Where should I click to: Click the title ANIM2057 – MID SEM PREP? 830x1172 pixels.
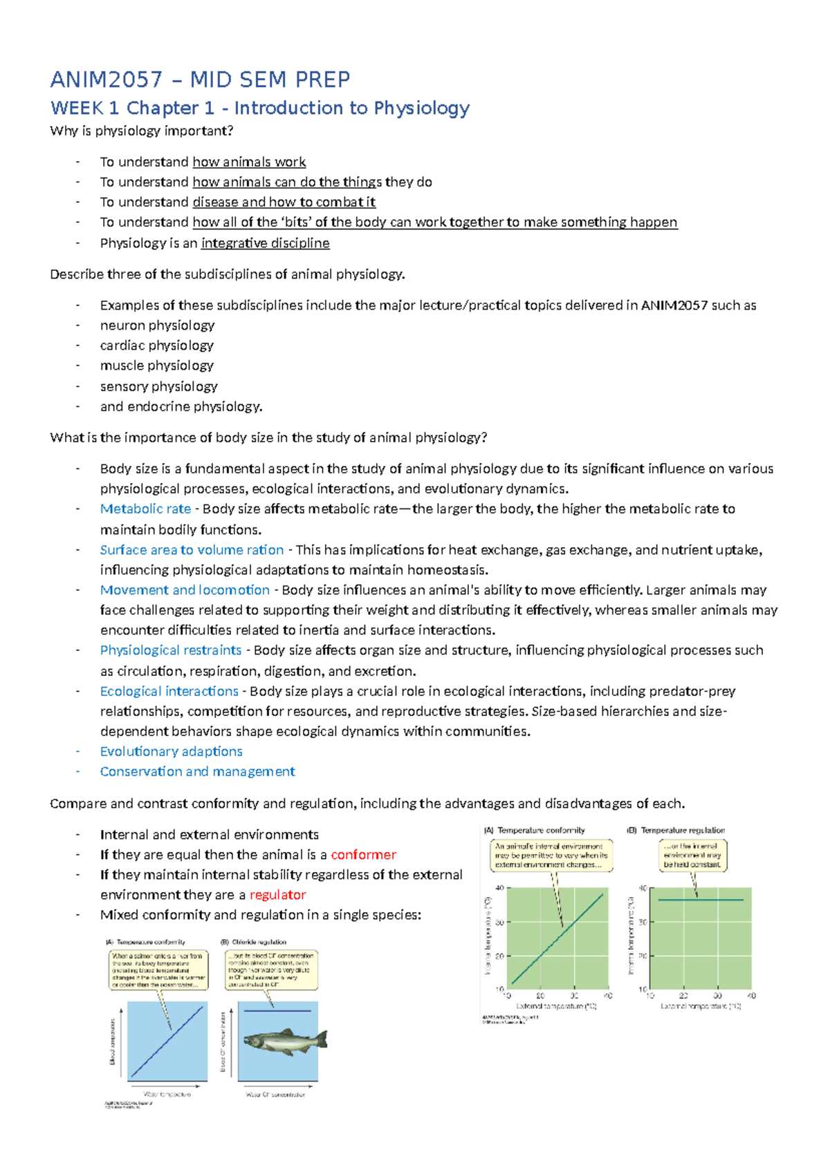[200, 79]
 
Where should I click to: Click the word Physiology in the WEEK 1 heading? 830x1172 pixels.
[421, 108]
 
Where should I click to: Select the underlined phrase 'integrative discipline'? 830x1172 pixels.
[265, 243]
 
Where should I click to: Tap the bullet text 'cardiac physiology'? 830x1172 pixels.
[156, 346]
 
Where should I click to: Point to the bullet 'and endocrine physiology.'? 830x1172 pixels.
[181, 406]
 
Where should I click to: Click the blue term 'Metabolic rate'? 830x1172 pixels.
[145, 509]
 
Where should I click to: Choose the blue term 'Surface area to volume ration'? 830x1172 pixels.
[192, 550]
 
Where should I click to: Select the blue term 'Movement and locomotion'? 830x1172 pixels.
[185, 590]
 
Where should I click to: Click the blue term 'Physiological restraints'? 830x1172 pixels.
[171, 650]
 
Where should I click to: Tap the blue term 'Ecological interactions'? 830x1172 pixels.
[169, 691]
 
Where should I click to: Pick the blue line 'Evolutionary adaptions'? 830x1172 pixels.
[171, 751]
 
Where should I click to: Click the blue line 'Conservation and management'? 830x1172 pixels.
[197, 771]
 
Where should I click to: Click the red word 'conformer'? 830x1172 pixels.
[363, 855]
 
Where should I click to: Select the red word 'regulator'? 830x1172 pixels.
[277, 895]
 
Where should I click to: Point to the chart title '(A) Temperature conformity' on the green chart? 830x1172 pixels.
[535, 830]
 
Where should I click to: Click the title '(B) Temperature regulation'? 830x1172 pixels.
[676, 830]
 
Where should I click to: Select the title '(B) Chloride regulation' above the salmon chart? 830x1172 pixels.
[253, 942]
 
